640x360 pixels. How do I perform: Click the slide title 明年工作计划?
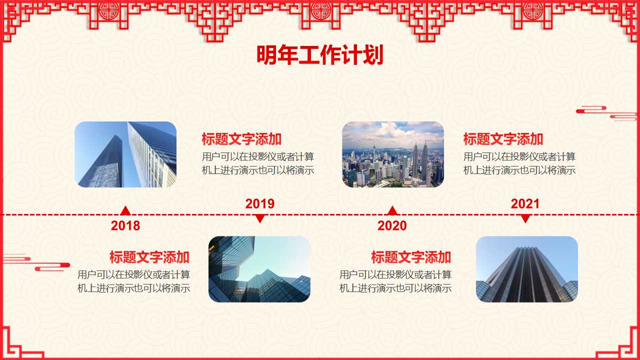click(319, 55)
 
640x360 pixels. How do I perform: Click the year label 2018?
click(125, 225)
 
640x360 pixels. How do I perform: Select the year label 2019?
click(259, 203)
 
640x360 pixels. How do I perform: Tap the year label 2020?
click(392, 225)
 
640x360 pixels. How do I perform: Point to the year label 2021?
click(525, 203)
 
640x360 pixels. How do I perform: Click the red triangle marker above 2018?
click(125, 211)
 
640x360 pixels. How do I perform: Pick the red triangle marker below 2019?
click(259, 218)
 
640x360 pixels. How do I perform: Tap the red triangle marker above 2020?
click(392, 211)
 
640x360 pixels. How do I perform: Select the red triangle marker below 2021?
click(525, 218)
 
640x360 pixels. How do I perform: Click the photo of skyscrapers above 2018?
click(125, 154)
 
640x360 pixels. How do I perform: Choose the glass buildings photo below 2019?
click(259, 269)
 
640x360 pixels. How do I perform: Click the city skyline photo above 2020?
click(392, 154)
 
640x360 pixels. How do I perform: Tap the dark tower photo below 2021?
click(526, 269)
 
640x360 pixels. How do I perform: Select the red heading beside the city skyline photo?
click(503, 139)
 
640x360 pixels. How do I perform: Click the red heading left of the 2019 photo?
click(149, 257)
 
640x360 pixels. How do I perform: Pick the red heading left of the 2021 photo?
click(411, 257)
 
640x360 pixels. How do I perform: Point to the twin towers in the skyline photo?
click(420, 160)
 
